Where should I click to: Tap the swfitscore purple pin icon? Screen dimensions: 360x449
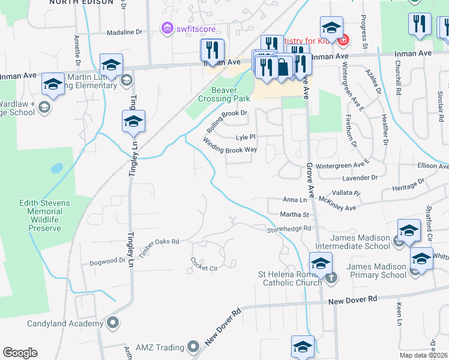coord(166,28)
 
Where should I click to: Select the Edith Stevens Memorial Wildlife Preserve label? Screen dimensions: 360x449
coord(44,215)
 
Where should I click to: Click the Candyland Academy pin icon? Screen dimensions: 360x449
coord(113,323)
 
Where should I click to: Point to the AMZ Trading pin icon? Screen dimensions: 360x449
coord(193,347)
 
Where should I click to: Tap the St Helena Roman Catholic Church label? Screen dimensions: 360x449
coord(290,279)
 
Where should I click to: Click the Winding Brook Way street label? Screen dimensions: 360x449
coord(230,146)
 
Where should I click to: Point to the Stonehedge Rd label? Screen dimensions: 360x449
coord(290,229)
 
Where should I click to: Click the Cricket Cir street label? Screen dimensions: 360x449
coord(203,263)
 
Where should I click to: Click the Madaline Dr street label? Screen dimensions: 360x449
coord(124,34)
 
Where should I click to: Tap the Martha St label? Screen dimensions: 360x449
coord(294,214)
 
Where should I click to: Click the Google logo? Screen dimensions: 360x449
coord(20,353)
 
